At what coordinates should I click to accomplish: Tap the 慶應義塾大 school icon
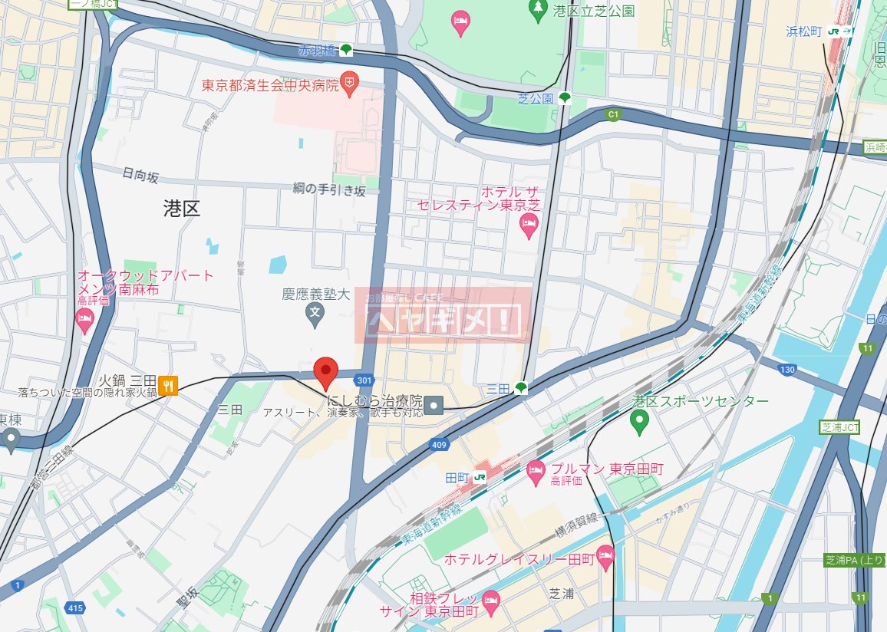314,312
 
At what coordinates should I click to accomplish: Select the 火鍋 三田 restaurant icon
169,384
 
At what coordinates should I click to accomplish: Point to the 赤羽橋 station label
318,51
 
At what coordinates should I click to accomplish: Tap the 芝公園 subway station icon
565,97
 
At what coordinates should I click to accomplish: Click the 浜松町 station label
803,31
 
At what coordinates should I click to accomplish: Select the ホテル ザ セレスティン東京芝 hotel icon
529,225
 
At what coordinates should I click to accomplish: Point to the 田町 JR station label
457,477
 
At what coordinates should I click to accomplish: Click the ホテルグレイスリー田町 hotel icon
605,558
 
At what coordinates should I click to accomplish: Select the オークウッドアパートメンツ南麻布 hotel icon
85,323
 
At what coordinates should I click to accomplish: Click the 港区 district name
182,209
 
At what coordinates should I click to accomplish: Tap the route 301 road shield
364,379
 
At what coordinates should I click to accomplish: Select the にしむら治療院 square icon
435,403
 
